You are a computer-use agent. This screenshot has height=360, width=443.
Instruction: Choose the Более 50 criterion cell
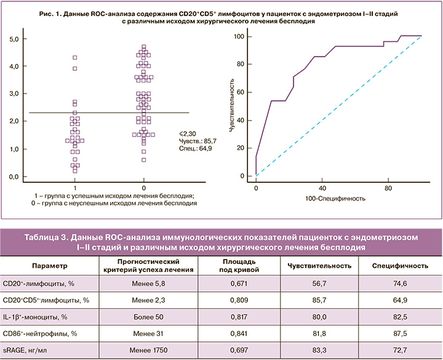pyautogui.click(x=147, y=317)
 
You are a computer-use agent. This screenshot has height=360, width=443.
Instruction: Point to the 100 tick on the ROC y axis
pyautogui.click(x=245, y=37)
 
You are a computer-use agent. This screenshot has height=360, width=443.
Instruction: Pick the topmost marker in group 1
pyautogui.click(x=75, y=58)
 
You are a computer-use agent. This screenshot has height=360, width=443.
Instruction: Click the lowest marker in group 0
pyautogui.click(x=144, y=160)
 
